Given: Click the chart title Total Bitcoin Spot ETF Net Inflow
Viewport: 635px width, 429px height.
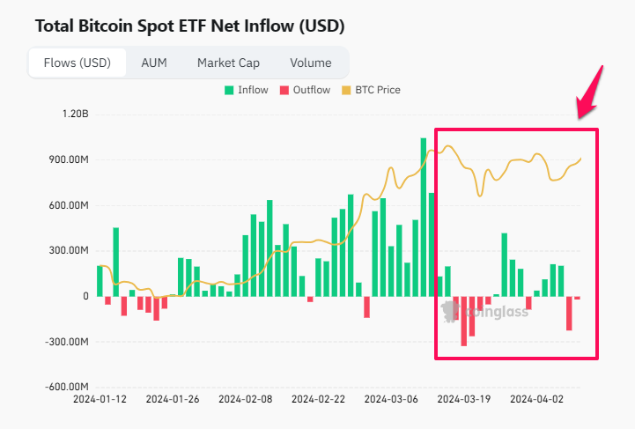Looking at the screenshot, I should point(189,26).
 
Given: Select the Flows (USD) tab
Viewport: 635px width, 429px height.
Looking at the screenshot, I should point(78,63).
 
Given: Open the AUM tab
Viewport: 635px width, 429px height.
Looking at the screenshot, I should point(154,63).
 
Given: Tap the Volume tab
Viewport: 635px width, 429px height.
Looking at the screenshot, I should point(310,63).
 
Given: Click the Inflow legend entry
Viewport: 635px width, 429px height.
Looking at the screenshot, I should point(247,90).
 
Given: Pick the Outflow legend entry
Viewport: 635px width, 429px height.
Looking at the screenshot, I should point(305,90).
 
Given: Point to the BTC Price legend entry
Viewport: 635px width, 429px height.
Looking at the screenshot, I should point(371,90).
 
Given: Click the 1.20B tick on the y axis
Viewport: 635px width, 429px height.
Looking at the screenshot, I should point(74,115).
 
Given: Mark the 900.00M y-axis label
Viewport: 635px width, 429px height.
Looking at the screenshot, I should point(68,160).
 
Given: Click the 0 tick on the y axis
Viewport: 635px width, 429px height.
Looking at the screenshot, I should point(85,296).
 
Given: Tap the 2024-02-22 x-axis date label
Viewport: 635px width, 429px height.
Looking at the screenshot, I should point(320,399).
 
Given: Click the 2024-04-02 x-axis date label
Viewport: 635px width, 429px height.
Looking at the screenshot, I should point(537,399).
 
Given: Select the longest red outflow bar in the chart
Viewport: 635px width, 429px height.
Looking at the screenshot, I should point(464,321).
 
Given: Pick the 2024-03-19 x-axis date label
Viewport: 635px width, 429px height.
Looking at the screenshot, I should point(464,399).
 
